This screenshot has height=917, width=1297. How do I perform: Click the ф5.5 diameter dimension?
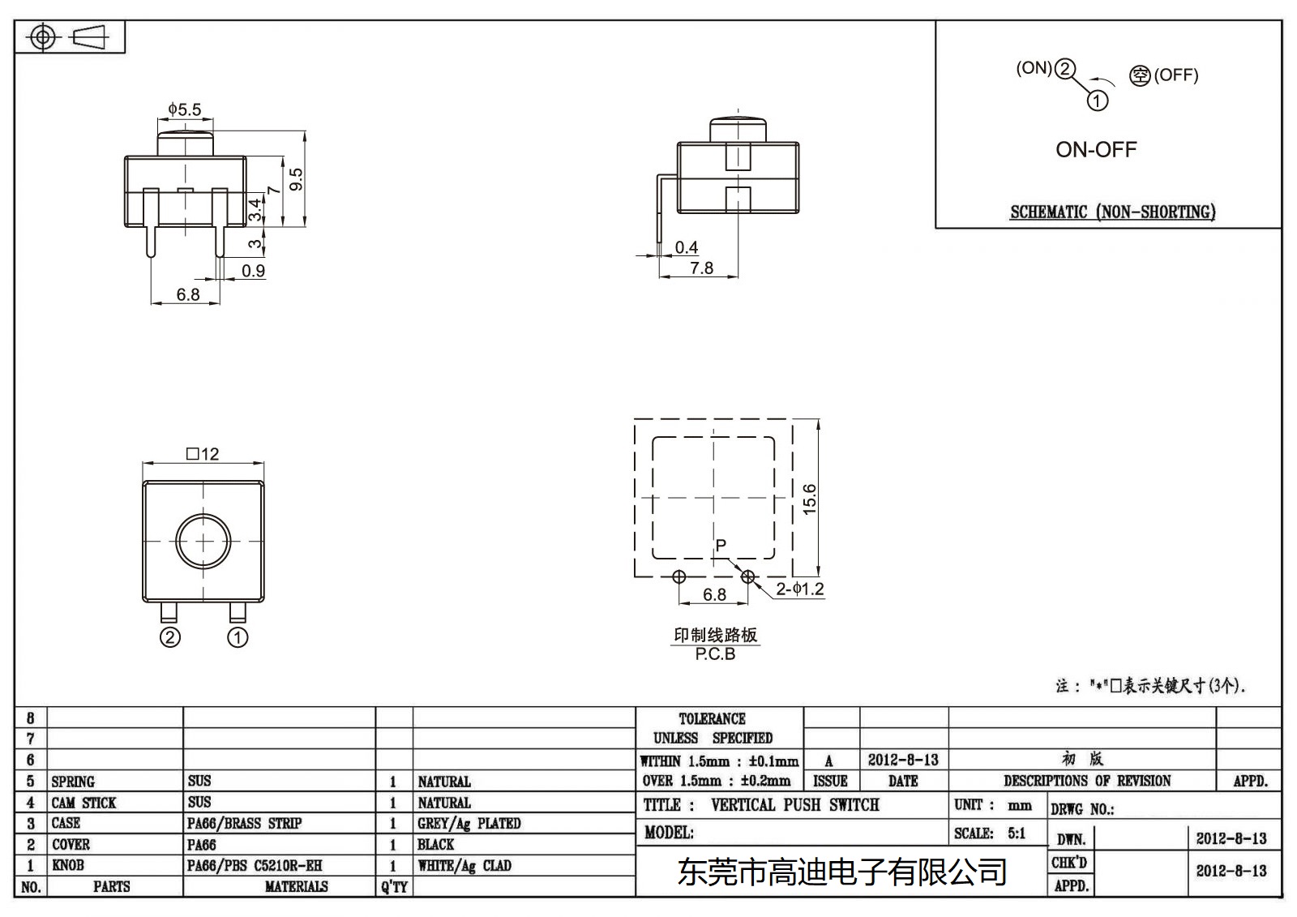(x=185, y=109)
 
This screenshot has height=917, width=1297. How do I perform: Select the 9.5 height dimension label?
(x=296, y=178)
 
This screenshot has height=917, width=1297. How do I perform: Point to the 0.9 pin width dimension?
(x=254, y=271)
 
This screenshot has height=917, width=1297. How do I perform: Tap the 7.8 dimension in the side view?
(x=702, y=268)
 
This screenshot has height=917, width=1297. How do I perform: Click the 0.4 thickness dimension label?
(x=687, y=247)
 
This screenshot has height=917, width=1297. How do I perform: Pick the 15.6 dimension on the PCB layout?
(x=809, y=499)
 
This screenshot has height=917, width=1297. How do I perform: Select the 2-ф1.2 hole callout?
(x=799, y=589)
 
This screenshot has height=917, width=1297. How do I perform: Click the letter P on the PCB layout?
(x=721, y=545)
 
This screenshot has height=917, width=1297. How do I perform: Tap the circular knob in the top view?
(x=203, y=541)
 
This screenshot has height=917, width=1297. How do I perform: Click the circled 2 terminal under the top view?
(x=169, y=638)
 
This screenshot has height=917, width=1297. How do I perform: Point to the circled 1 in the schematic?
(x=1097, y=101)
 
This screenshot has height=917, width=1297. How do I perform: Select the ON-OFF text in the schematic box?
(x=1096, y=150)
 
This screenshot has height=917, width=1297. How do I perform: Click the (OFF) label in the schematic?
(x=1175, y=75)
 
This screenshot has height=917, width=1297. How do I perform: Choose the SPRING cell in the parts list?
(x=73, y=782)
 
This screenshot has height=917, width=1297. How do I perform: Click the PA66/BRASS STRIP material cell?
(x=244, y=824)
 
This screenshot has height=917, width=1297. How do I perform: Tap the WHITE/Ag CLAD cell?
(x=464, y=866)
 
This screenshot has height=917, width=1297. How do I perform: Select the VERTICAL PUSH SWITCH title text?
(x=794, y=805)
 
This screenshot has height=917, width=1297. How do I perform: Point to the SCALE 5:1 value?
(x=1017, y=833)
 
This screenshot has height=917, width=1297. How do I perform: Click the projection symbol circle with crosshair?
(x=42, y=37)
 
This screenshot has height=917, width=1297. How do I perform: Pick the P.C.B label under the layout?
(x=715, y=654)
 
